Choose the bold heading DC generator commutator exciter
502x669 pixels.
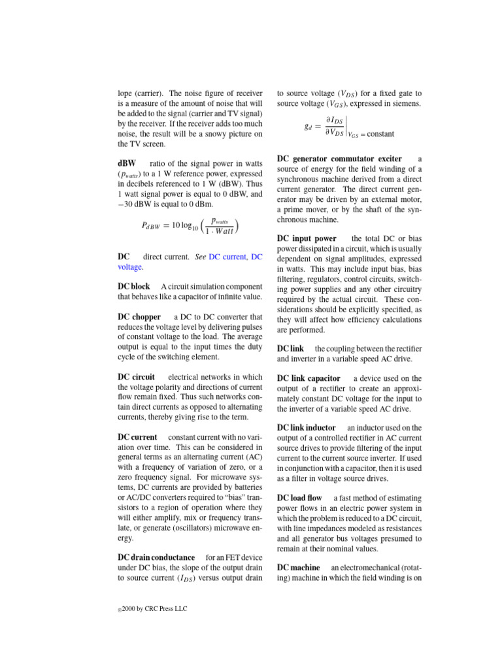[339, 159]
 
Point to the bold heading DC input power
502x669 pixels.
[307, 238]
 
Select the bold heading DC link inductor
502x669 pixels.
[307, 427]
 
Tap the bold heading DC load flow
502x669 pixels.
[301, 497]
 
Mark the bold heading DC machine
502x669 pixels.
[298, 568]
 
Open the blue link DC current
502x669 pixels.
[228, 257]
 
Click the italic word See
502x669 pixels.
[201, 257]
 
